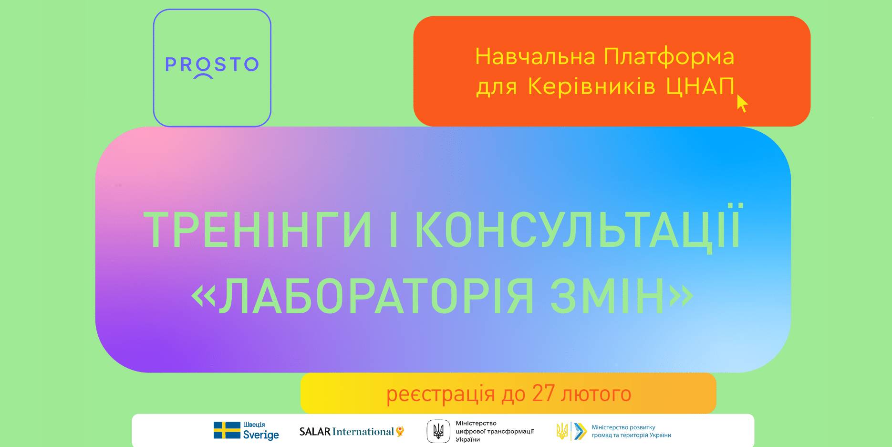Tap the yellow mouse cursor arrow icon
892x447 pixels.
click(742, 103)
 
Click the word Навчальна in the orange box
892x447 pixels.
click(535, 56)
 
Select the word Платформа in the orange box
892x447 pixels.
click(669, 57)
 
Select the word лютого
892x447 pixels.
click(597, 394)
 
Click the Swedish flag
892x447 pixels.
click(227, 430)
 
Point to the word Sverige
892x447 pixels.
click(261, 435)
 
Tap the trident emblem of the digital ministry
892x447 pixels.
click(438, 432)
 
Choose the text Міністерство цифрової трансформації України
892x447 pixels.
click(495, 431)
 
